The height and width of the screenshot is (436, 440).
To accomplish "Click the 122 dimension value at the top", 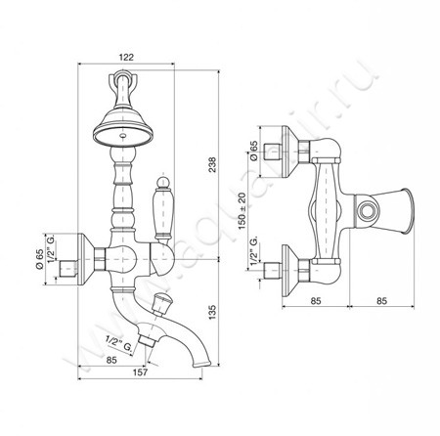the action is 126,57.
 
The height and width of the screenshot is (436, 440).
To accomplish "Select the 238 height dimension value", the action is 212,165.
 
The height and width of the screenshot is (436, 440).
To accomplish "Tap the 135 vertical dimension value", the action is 212,312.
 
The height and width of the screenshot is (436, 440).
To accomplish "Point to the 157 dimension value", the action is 141,372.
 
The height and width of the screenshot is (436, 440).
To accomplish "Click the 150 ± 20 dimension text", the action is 242,211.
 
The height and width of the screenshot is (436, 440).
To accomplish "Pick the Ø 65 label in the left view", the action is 39,259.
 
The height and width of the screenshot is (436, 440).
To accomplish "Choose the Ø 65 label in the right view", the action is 253,151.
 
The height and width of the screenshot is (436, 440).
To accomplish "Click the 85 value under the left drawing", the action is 111,360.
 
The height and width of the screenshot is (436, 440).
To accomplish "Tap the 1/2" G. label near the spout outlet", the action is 119,344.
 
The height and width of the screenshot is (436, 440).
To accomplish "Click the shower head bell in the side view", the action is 123,127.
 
